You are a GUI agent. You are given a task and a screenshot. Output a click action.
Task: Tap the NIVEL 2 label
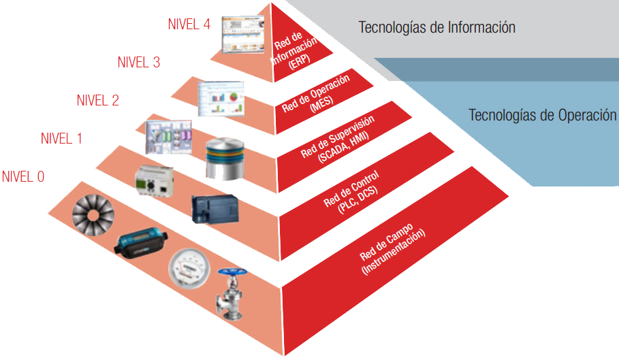(97, 101)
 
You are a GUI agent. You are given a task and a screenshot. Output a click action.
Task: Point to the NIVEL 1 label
(61, 139)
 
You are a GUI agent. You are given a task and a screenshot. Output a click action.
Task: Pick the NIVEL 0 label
(23, 178)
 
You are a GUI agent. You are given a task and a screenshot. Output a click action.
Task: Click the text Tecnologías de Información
(437, 28)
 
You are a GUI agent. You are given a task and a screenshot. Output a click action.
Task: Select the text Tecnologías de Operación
(542, 115)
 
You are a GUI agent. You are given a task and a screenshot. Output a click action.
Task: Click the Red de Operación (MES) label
(317, 95)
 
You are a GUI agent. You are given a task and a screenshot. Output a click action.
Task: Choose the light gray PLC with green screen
(155, 182)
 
